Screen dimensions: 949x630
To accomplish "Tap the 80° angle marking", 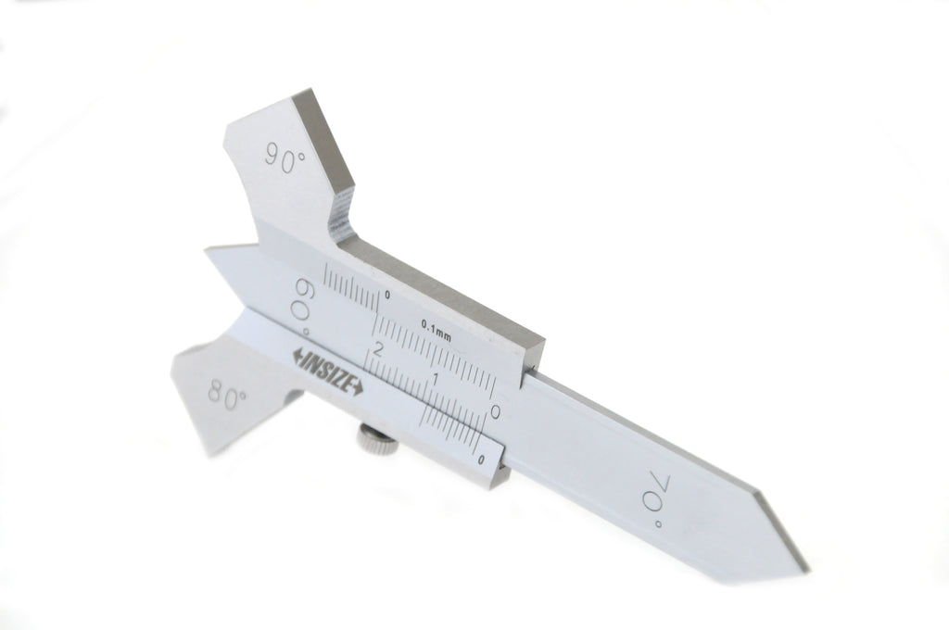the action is click(227, 396).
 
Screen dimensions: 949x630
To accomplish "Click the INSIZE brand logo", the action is click(327, 371).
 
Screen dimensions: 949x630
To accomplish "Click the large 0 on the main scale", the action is click(495, 412).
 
